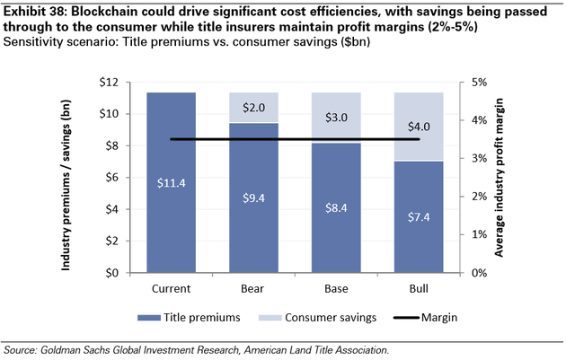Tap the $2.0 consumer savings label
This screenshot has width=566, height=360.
[253, 107]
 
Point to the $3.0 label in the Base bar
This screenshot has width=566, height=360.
[335, 117]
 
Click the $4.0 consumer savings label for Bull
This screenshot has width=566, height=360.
[418, 126]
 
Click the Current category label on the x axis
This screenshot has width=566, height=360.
[171, 289]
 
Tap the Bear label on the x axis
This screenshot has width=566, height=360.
[253, 289]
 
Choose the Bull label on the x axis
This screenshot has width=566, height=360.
[418, 289]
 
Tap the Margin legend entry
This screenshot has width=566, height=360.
[427, 318]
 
